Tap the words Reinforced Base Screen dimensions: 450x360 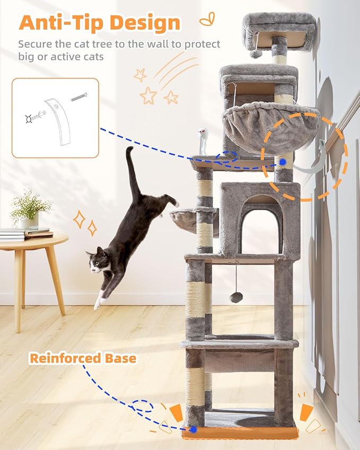point(83,358)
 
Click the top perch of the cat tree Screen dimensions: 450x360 point(279,29)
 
